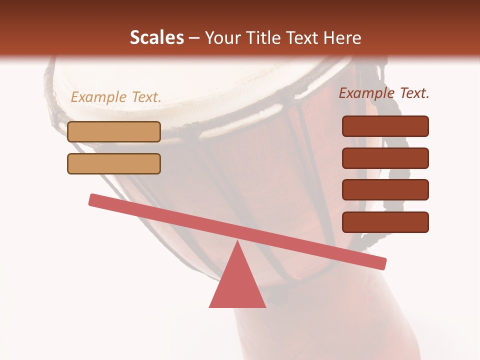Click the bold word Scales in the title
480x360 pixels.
156,38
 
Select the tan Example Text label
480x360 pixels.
116,97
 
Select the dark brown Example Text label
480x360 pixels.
384,93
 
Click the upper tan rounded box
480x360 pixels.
114,131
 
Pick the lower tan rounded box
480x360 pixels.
114,163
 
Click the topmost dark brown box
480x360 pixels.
385,126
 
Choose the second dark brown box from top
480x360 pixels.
385,158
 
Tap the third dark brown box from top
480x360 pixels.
385,190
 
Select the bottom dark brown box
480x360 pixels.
385,222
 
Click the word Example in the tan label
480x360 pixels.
99,97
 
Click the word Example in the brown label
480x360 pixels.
367,93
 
